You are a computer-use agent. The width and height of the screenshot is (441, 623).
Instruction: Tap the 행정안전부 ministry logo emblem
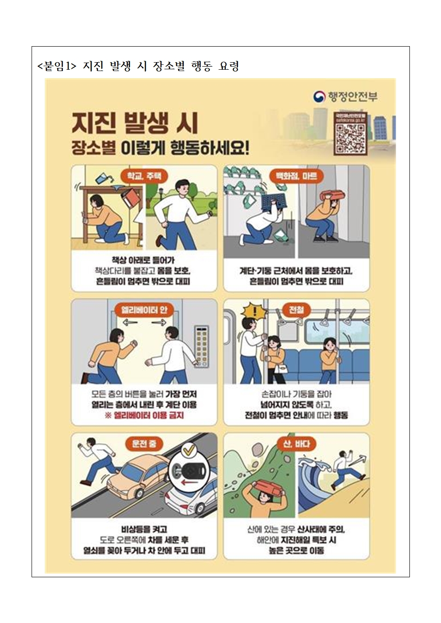click(319, 96)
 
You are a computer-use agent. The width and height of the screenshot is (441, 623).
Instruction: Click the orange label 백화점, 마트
click(297, 176)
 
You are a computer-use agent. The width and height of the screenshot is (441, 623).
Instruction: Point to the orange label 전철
click(297, 310)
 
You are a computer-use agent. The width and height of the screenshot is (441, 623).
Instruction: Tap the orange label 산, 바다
click(297, 443)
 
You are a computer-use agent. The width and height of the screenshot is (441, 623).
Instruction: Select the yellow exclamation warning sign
click(255, 312)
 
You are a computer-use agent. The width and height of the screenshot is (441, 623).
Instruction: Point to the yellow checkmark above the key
click(188, 450)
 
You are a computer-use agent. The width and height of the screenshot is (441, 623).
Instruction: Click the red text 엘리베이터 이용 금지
click(144, 416)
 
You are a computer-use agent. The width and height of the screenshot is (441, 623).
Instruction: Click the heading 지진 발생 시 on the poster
click(135, 123)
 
